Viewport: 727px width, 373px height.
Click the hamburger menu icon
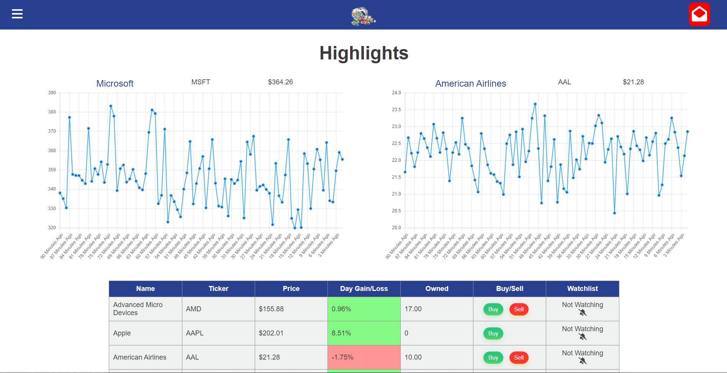(17, 14)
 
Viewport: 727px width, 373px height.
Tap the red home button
(699, 15)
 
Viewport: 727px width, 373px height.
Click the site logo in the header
(363, 16)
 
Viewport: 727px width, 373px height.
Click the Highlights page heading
(363, 53)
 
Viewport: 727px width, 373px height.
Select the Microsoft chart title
(115, 84)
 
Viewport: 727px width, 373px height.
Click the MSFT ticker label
(201, 82)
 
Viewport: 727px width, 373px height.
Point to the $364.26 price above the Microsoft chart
(280, 82)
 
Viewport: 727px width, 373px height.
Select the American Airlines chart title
(470, 84)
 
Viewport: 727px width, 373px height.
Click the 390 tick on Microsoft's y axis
(52, 93)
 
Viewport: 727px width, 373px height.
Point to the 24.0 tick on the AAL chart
(396, 93)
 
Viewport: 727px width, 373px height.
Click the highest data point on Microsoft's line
(111, 106)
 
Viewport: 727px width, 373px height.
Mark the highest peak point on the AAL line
(535, 104)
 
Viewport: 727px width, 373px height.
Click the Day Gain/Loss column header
(363, 289)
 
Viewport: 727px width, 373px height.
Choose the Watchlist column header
(582, 289)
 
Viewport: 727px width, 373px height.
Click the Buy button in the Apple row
(493, 334)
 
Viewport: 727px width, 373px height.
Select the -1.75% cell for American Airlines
(363, 357)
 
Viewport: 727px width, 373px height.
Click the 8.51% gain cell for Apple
(363, 333)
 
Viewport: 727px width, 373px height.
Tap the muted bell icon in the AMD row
(583, 313)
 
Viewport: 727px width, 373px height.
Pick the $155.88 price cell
(291, 309)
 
